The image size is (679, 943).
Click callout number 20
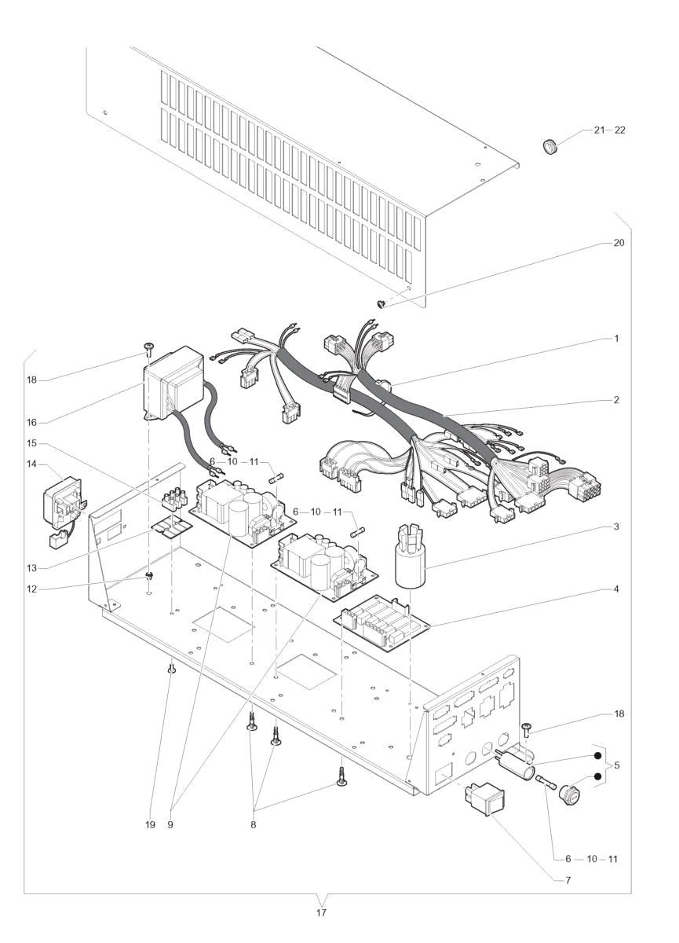(x=619, y=243)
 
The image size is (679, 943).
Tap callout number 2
(x=617, y=400)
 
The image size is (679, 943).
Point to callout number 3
(x=617, y=526)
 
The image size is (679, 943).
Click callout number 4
(x=617, y=588)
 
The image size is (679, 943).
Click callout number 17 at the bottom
(x=321, y=912)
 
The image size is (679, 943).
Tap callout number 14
(x=31, y=464)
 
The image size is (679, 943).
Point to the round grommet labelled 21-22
(x=549, y=146)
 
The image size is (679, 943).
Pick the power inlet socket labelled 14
(x=61, y=502)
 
